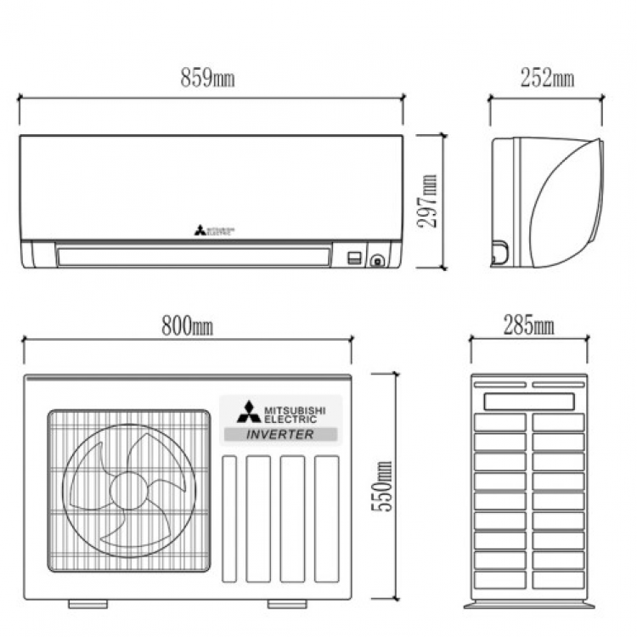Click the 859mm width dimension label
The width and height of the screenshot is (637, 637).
click(x=207, y=77)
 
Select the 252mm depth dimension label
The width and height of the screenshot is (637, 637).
click(x=547, y=77)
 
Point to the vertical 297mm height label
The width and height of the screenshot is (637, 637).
click(x=427, y=201)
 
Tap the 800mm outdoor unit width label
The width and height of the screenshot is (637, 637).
click(x=188, y=326)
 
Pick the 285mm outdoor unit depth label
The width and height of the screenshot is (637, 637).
click(x=529, y=325)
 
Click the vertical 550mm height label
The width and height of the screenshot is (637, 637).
click(x=382, y=487)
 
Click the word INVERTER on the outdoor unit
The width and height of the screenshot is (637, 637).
click(x=280, y=434)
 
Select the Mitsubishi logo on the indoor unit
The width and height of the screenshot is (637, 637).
click(x=214, y=231)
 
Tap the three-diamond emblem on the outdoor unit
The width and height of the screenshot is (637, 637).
click(x=249, y=412)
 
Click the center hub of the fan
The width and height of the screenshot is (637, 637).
click(x=129, y=491)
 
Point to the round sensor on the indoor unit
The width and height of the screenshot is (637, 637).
click(x=377, y=261)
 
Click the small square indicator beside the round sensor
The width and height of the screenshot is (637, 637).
click(x=354, y=258)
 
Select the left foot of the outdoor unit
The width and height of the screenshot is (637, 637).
click(x=87, y=604)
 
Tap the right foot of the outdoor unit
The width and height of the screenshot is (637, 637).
click(x=287, y=604)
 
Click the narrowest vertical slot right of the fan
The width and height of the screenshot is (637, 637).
click(x=229, y=519)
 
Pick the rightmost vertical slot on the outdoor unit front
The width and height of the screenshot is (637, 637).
click(x=327, y=519)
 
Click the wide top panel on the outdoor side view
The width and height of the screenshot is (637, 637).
click(x=529, y=402)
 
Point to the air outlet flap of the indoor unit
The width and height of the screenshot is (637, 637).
click(x=194, y=256)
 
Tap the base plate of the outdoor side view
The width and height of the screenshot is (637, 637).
click(x=529, y=606)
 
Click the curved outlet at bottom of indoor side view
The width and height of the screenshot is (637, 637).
click(x=499, y=252)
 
